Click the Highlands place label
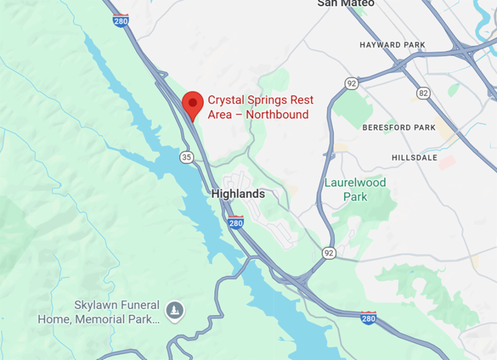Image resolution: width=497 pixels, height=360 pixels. tap(238, 194)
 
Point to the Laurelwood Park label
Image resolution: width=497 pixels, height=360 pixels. tap(355, 190)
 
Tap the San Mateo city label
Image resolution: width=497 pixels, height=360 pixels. tap(345, 3)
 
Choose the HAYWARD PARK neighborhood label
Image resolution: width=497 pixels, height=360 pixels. tap(392, 45)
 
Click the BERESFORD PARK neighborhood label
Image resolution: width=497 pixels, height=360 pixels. tap(399, 127)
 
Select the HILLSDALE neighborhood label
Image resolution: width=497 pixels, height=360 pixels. tap(414, 157)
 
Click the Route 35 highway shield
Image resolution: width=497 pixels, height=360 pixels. tap(187, 157)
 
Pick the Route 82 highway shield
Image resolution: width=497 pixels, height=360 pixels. tap(423, 93)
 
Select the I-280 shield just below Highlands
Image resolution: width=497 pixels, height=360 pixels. tap(235, 222)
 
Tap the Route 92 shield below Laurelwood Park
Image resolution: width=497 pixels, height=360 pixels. tap(329, 252)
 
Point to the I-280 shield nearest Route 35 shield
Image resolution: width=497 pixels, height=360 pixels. tap(235, 222)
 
